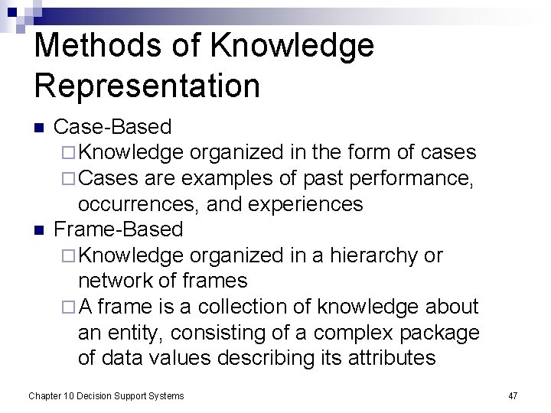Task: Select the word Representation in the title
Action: pyautogui.click(x=147, y=85)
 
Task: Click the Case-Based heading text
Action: pyautogui.click(x=112, y=127)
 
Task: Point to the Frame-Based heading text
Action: pyautogui.click(x=119, y=229)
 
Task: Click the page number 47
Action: pyautogui.click(x=513, y=395)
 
